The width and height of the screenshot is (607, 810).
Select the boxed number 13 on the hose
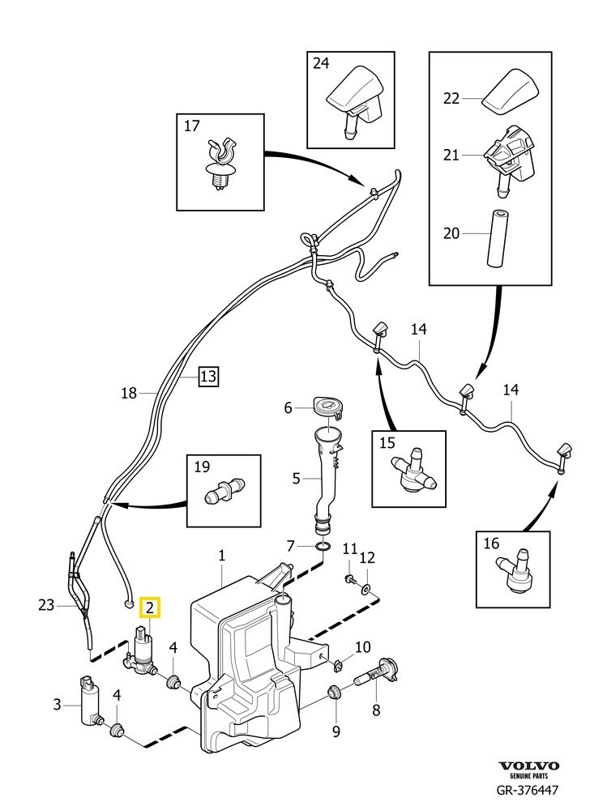[208, 376]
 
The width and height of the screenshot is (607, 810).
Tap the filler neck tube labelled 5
[328, 478]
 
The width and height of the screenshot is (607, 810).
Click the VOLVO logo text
[528, 766]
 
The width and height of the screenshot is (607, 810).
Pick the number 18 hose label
[128, 393]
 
